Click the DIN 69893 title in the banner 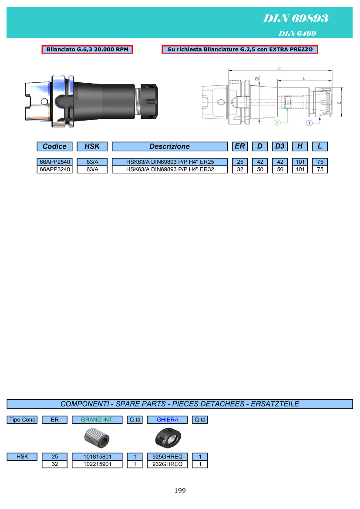pos(296,18)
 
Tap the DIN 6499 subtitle pos(297,33)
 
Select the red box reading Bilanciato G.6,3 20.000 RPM pos(87,49)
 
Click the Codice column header pos(54,146)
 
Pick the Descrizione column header pos(169,146)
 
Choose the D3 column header pos(280,146)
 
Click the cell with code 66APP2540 pos(54,162)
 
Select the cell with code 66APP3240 pos(54,169)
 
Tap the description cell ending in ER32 pos(169,169)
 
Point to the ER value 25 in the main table pos(240,162)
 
